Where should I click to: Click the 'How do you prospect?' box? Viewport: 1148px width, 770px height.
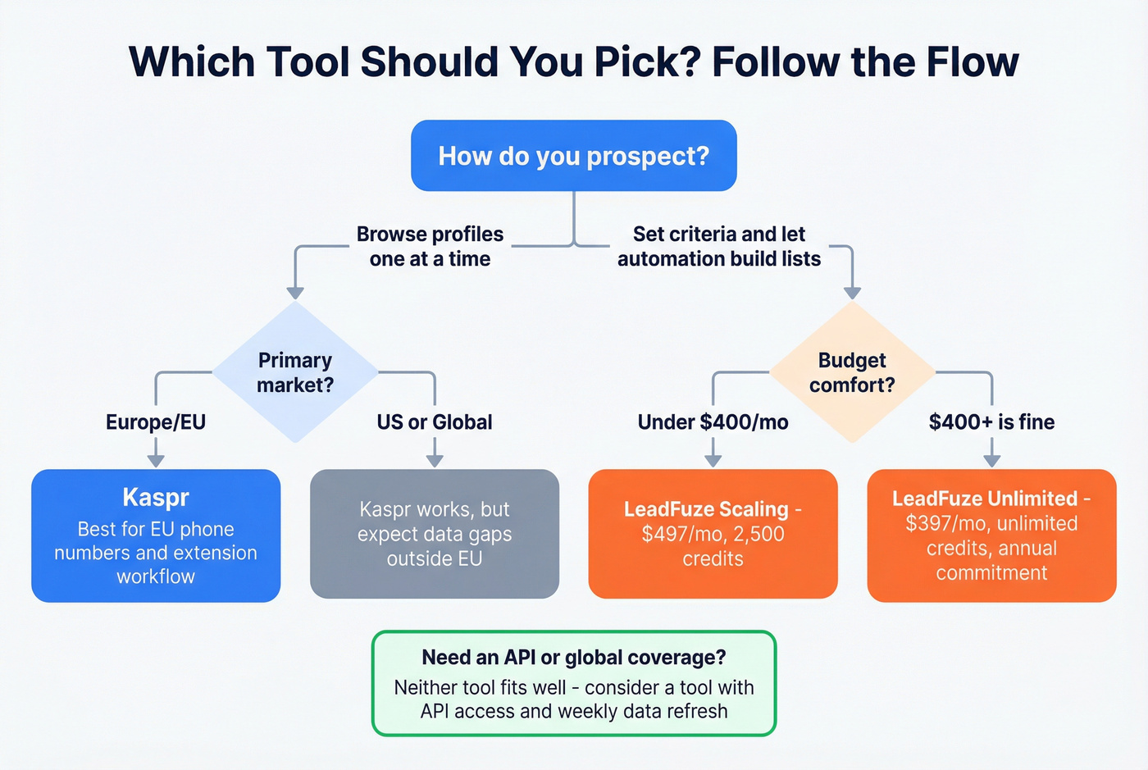[573, 156]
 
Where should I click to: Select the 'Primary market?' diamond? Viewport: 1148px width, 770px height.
[295, 372]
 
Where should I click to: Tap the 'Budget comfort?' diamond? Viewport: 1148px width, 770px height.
[852, 372]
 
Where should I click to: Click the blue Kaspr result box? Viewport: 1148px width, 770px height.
[156, 535]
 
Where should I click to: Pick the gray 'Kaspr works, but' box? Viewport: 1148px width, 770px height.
[435, 534]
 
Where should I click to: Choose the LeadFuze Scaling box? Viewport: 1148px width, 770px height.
[713, 534]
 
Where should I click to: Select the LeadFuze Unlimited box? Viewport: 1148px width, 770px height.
[991, 535]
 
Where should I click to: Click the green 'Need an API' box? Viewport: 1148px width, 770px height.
[573, 683]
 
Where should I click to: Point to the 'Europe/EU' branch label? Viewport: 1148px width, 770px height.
[156, 422]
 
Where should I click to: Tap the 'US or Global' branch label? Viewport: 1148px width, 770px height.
[435, 422]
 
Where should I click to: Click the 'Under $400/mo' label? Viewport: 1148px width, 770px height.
[713, 422]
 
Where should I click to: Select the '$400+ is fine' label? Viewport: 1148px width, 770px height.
[991, 422]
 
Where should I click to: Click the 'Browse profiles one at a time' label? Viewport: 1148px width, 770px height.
[430, 246]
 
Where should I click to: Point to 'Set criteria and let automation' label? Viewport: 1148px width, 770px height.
[719, 246]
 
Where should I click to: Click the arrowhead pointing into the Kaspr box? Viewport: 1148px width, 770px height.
[156, 461]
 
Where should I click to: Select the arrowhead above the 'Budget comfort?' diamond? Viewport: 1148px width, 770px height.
[852, 293]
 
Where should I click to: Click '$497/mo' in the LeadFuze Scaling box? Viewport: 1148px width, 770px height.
[676, 535]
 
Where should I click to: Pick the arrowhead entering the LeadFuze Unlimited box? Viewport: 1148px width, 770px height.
[991, 461]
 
